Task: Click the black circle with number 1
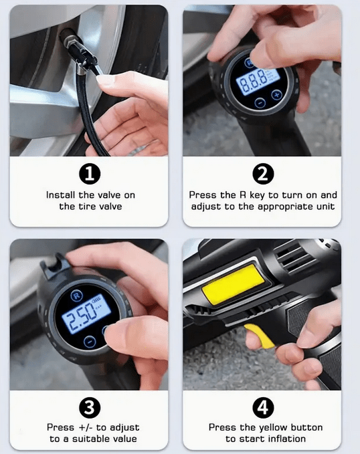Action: [90, 175]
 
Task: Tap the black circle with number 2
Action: [263, 174]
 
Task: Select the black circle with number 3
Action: [90, 407]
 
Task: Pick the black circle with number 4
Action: [263, 407]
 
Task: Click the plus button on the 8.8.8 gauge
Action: [277, 94]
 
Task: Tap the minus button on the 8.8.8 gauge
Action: [260, 102]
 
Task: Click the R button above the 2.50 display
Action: [76, 296]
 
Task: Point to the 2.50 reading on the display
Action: [80, 318]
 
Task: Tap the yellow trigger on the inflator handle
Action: [260, 336]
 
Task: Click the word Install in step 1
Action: [61, 195]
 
